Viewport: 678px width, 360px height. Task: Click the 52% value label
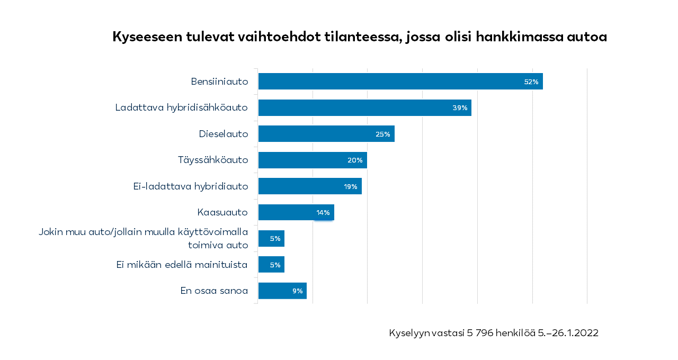click(531, 82)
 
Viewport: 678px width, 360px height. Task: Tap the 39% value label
click(460, 108)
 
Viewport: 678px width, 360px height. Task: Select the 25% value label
click(382, 134)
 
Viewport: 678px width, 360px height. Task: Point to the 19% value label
click(350, 186)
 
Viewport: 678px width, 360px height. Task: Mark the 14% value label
click(323, 213)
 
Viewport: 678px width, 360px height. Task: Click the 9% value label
click(297, 291)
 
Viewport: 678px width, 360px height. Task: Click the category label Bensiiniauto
click(219, 82)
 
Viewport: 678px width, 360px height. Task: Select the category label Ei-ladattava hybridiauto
click(191, 186)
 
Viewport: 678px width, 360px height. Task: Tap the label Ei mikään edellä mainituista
click(182, 264)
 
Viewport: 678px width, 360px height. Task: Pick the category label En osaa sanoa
click(214, 290)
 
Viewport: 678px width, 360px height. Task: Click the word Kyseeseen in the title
click(147, 37)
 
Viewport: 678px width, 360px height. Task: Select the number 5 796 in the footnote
click(483, 333)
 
